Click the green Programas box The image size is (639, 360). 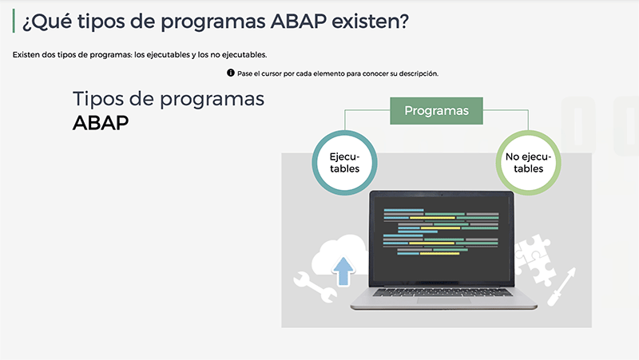click(x=436, y=111)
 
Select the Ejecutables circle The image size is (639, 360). click(x=345, y=163)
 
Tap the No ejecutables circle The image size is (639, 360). click(x=529, y=163)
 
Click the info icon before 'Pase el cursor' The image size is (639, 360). click(x=231, y=73)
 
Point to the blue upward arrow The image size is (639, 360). click(x=343, y=271)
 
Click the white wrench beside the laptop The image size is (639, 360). click(x=315, y=287)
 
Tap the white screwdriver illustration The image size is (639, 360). click(x=562, y=287)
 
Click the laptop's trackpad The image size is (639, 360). click(x=444, y=301)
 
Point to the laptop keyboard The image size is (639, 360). click(x=443, y=292)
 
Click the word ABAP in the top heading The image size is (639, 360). click(x=298, y=22)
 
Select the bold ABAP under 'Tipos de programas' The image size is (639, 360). click(x=101, y=123)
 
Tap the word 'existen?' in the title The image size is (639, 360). click(x=370, y=22)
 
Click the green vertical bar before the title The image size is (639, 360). click(x=14, y=21)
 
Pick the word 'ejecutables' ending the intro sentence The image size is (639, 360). click(x=244, y=54)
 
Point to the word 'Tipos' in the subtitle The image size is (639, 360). click(x=97, y=99)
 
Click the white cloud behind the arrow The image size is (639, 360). click(x=340, y=255)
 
